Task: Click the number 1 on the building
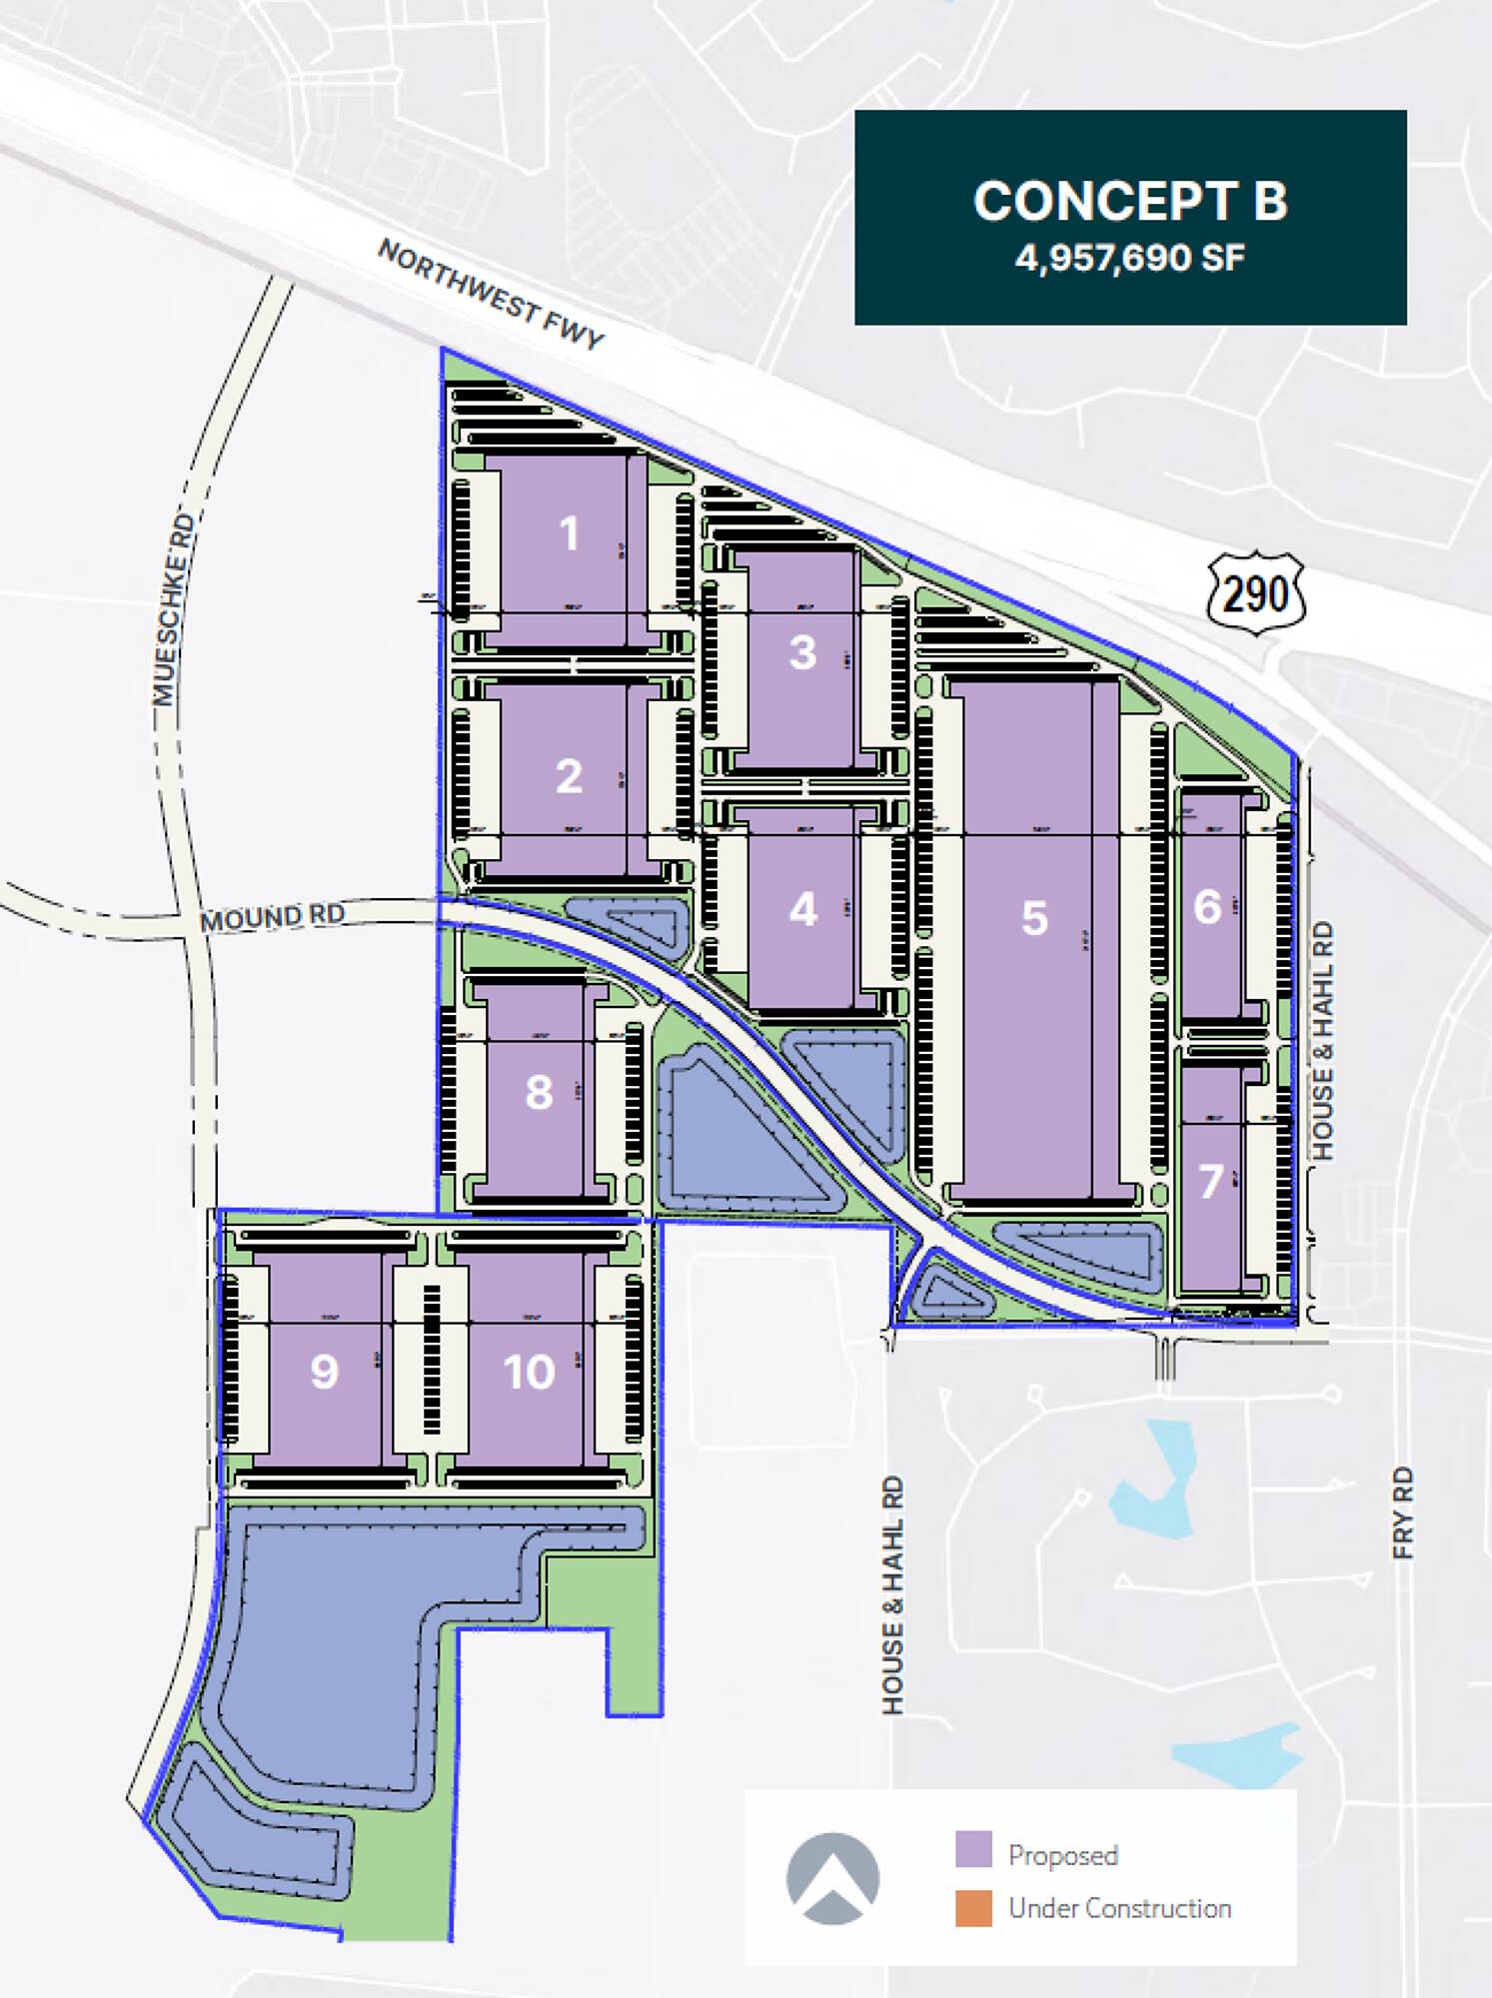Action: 570,533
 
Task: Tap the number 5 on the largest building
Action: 1034,918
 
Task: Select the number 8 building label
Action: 539,1092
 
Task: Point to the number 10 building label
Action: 529,1372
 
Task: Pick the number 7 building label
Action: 1210,1182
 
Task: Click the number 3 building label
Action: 802,652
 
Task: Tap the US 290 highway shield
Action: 1256,594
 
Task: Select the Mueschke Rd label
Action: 170,610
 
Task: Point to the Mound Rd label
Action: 272,916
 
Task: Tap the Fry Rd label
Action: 1403,1512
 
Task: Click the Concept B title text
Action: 1130,201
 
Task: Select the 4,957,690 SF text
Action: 1130,259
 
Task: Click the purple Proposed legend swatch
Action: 973,1849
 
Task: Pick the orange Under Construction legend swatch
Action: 973,1907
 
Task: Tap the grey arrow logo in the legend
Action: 832,1878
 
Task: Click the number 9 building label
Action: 324,1372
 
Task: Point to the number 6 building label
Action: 1207,907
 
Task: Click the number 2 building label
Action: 569,776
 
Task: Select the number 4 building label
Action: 802,909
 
